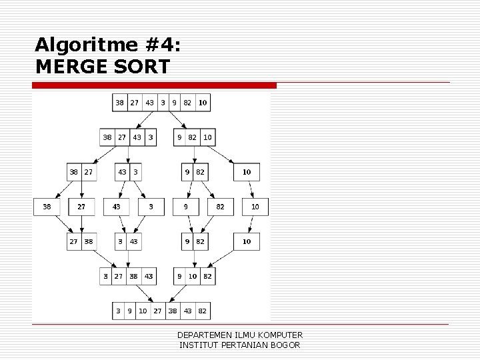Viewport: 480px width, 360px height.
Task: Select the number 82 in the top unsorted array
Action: (x=187, y=103)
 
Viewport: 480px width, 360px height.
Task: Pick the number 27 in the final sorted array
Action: (x=158, y=311)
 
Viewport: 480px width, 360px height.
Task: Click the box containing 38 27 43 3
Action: (x=129, y=137)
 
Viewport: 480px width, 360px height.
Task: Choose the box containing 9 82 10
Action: (x=194, y=137)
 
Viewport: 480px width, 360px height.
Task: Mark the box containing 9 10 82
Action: (x=194, y=276)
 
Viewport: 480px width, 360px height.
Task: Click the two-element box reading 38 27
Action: (x=80, y=172)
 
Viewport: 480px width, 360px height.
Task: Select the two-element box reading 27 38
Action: (x=80, y=241)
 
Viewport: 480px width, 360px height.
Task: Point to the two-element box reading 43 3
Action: (x=128, y=172)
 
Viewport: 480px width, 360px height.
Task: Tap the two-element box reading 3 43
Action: (x=128, y=241)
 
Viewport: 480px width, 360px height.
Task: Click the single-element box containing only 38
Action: (x=47, y=207)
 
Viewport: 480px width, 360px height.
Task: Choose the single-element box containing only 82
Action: (x=220, y=207)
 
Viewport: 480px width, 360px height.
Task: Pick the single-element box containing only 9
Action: (x=186, y=207)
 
